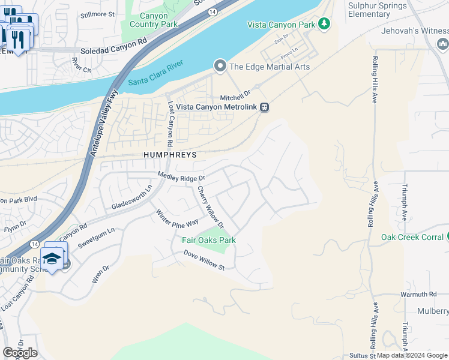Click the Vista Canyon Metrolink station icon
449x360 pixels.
pyautogui.click(x=265, y=107)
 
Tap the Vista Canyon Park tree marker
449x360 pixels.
pyautogui.click(x=325, y=24)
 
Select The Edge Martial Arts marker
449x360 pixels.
pyautogui.click(x=220, y=66)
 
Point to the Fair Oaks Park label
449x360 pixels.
pyautogui.click(x=209, y=240)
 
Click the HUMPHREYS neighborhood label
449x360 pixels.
pyautogui.click(x=170, y=154)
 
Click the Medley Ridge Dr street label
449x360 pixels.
pyautogui.click(x=181, y=177)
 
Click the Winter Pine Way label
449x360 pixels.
pyautogui.click(x=177, y=217)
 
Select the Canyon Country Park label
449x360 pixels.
pyautogui.click(x=149, y=20)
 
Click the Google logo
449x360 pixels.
pyautogui.click(x=20, y=353)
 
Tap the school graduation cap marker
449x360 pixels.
pyautogui.click(x=52, y=259)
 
